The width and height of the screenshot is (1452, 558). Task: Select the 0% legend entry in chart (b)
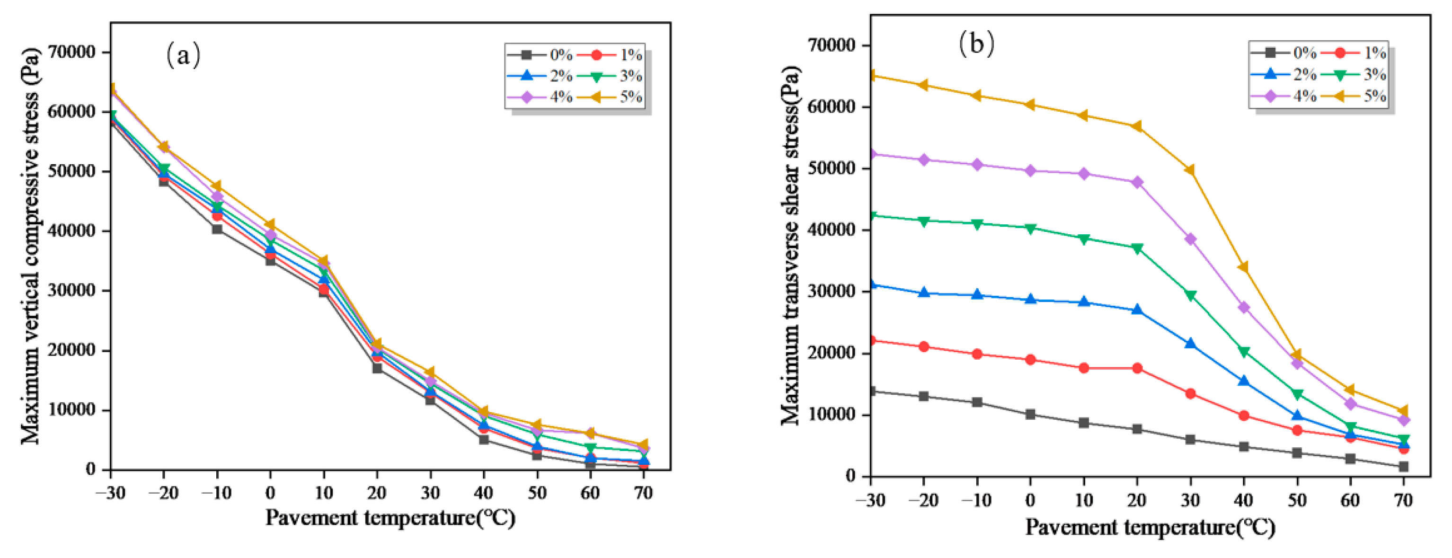point(1283,53)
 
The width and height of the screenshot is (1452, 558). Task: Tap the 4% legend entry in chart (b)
point(1283,96)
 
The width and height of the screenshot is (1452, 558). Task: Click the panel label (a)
point(183,55)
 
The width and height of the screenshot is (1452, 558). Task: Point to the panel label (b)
point(976,44)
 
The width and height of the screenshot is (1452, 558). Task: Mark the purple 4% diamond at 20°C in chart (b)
point(1137,182)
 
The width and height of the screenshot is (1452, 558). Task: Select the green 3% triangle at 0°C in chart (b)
point(1030,228)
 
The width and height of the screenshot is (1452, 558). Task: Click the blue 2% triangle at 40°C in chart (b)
point(1243,381)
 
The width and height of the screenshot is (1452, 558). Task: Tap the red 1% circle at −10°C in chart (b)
point(977,354)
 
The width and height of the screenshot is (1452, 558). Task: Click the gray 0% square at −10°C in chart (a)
point(217,229)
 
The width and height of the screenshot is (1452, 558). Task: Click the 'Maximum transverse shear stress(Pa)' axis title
point(791,245)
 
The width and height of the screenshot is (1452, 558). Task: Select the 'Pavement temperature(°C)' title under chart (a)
point(390,517)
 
